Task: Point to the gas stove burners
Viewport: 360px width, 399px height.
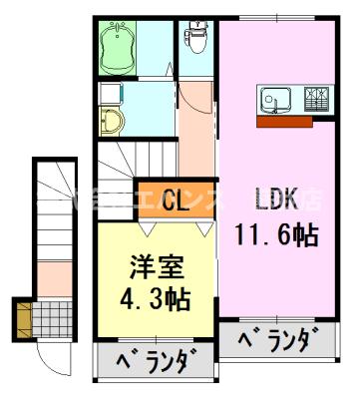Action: pos(317,100)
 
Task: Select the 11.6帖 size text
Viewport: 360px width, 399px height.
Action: pos(276,235)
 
